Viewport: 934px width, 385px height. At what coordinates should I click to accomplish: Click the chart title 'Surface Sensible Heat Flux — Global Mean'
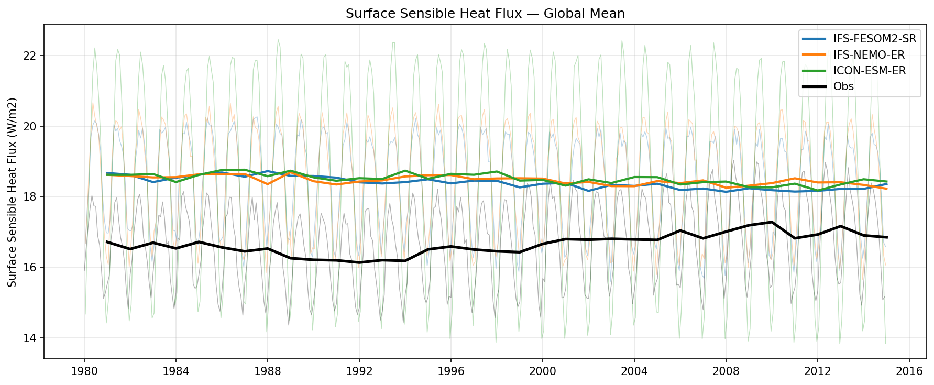[x=485, y=14]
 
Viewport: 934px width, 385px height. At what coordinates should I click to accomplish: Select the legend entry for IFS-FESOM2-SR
[x=875, y=39]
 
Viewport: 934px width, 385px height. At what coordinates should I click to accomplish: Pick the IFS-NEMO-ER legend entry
[x=869, y=55]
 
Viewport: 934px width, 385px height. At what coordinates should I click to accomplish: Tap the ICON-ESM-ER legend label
[x=869, y=71]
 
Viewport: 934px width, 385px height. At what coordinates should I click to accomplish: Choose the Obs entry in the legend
[x=843, y=86]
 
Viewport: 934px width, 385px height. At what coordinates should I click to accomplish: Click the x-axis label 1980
[x=84, y=372]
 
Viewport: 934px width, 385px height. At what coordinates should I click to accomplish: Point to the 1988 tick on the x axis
[x=267, y=372]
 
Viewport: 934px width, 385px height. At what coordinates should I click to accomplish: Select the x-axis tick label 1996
[x=450, y=372]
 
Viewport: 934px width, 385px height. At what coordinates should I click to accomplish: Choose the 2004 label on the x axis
[x=634, y=372]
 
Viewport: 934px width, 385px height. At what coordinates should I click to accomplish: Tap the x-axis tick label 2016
[x=909, y=372]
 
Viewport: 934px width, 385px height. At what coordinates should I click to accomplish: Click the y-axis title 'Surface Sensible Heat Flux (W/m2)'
[x=13, y=192]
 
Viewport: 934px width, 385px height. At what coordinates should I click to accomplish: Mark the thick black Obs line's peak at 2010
[x=772, y=222]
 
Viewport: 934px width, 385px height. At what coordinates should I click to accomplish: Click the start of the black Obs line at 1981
[x=107, y=242]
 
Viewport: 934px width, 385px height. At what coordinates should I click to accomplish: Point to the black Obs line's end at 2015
[x=886, y=237]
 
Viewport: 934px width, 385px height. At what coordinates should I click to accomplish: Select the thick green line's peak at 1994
[x=405, y=171]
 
